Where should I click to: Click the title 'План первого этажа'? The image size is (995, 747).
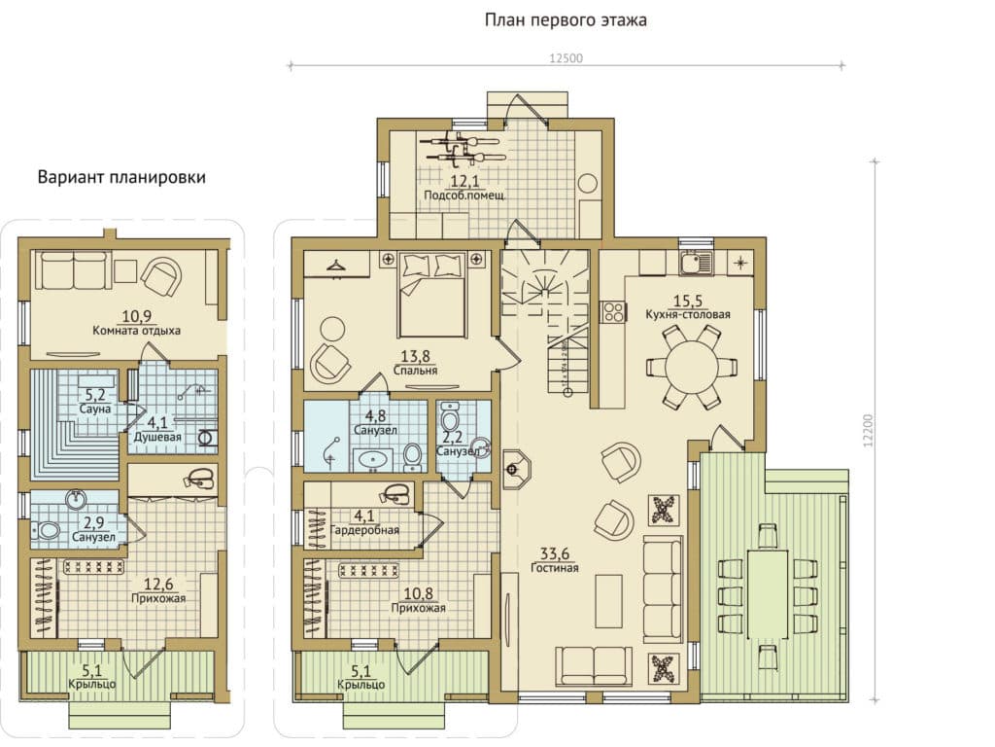coord(566,19)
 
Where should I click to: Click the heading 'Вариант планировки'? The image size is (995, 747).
coord(121,177)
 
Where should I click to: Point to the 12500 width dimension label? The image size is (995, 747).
coord(566,58)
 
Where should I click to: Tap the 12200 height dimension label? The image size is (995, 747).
coord(868,431)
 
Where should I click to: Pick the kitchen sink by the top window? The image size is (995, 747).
coord(697,262)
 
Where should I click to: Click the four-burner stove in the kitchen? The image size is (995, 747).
coord(614,311)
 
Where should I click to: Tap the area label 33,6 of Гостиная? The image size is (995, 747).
coord(555,553)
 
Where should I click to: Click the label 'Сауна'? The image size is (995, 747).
coord(95,409)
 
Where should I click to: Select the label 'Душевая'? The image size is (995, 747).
coord(157,437)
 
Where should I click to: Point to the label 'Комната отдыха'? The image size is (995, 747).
coord(136,331)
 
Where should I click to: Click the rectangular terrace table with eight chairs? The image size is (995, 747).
coord(768,594)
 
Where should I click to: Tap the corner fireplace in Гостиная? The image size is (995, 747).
coord(515,470)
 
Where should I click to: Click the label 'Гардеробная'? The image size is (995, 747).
coord(364,530)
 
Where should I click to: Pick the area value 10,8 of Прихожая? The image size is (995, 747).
coord(418,593)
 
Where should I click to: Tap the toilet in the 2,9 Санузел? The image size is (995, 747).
coord(48,530)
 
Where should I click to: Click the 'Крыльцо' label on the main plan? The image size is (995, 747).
coord(361,685)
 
